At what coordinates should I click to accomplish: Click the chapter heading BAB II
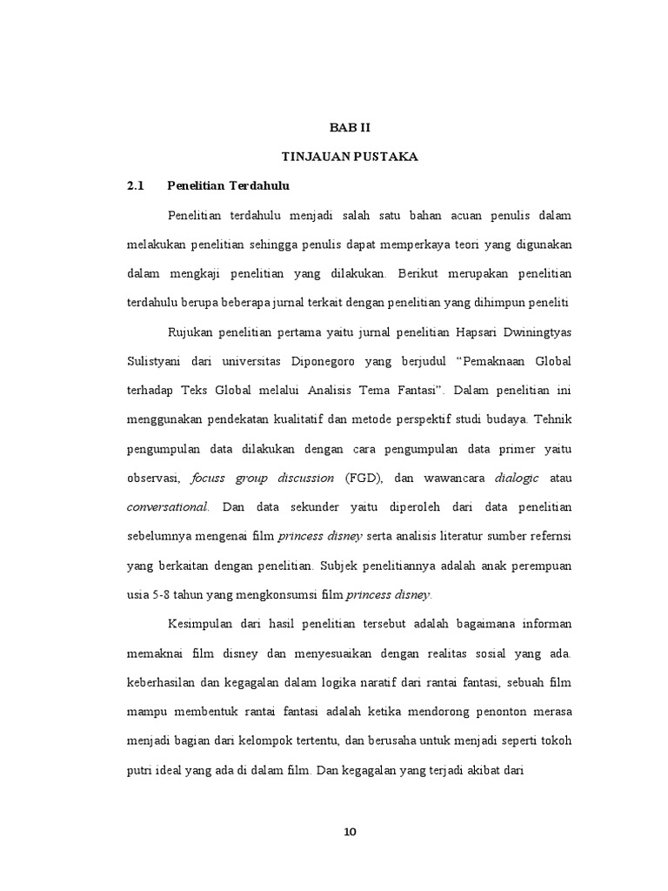(350, 127)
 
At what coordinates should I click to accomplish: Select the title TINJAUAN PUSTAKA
(350, 157)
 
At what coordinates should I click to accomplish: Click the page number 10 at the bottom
(350, 832)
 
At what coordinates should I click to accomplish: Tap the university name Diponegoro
(324, 360)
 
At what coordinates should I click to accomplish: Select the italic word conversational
(168, 507)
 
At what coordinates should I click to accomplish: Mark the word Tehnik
(552, 419)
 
